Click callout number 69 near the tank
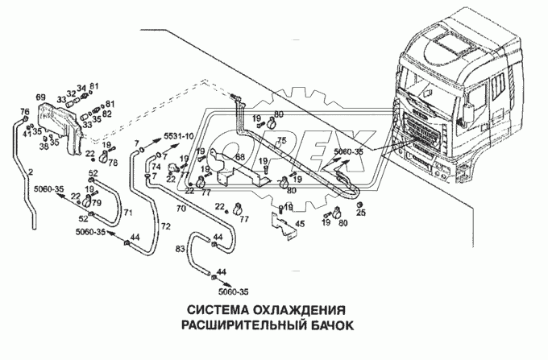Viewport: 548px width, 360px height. click(40, 97)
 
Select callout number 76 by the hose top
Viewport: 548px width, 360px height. click(24, 111)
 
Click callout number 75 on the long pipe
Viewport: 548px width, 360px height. click(281, 141)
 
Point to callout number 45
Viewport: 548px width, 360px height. click(300, 224)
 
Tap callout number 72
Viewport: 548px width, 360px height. click(166, 227)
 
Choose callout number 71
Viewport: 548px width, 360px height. click(127, 213)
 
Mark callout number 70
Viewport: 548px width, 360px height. click(181, 208)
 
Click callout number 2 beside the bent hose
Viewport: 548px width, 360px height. click(31, 173)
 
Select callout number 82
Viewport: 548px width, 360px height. click(107, 114)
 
